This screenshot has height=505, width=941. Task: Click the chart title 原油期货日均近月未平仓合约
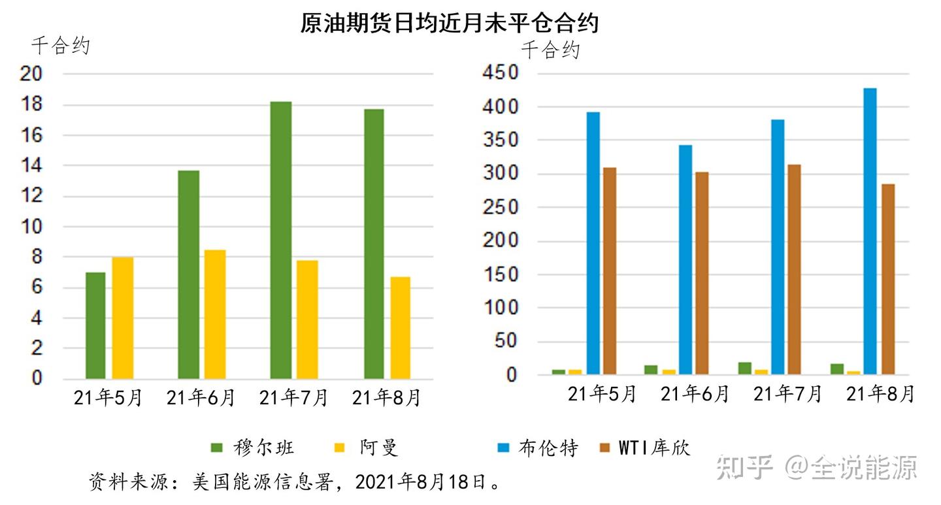coord(450,24)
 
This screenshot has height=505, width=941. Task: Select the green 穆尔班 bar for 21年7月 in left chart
coord(281,240)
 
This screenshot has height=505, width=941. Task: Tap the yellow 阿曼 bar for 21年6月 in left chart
coord(215,314)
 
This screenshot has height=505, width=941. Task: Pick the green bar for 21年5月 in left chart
coord(95,325)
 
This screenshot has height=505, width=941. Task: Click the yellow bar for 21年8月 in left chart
coord(400,328)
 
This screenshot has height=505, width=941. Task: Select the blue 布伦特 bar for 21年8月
coord(870,231)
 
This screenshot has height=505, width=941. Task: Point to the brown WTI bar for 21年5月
coord(610,271)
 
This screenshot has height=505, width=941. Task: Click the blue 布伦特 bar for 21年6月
coord(685,260)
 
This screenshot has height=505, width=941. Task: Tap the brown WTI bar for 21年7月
coord(794,269)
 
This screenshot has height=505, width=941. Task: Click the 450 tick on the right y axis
coord(500,73)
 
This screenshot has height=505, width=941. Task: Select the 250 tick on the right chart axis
coord(500,207)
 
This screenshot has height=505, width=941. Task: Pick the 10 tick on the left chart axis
coord(33,227)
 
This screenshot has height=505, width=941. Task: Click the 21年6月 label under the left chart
coord(201,398)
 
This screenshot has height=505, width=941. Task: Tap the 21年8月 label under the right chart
coord(880,394)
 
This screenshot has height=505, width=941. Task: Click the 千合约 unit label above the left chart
coord(60,46)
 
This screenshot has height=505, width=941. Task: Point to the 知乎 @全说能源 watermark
coord(817,467)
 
